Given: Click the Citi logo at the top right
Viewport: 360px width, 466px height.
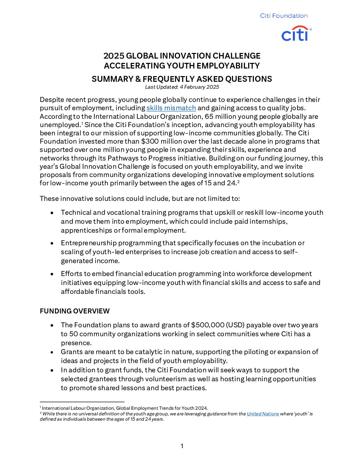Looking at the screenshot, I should [x=296, y=34].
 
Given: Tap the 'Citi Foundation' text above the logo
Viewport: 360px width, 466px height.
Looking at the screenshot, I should [x=284, y=16].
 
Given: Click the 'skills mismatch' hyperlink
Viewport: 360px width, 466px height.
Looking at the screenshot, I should [x=171, y=108].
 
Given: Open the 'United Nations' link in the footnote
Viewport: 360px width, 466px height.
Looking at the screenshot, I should [x=263, y=414].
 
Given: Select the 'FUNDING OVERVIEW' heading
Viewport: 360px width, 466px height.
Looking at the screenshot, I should [x=74, y=311].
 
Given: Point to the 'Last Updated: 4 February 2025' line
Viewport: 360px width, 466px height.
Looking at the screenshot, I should [x=182, y=87].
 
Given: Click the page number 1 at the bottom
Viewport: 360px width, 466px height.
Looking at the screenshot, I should [x=182, y=446].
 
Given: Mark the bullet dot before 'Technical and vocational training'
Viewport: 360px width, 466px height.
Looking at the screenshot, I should [x=52, y=213].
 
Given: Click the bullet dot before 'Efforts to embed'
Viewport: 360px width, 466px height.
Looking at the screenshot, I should [x=52, y=274].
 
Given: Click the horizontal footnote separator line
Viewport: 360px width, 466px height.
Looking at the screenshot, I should [x=82, y=402].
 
